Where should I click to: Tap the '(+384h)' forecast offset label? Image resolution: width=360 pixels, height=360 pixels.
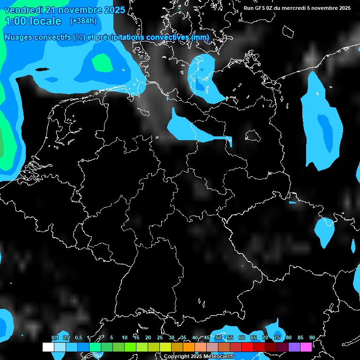point(83,21)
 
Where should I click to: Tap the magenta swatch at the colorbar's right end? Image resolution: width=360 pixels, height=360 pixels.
point(306,347)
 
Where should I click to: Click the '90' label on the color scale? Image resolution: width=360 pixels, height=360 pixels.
point(312,337)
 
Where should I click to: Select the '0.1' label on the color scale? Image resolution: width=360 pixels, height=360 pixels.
point(55,337)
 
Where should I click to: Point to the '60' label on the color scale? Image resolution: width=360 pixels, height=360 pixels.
point(242,337)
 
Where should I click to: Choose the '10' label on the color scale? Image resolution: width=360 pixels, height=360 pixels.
point(125,337)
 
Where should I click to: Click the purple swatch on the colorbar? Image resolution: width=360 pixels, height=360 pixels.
point(294,347)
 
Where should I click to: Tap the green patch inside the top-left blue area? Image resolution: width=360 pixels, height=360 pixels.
point(102,62)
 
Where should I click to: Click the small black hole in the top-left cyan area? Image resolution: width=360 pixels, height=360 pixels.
point(42,69)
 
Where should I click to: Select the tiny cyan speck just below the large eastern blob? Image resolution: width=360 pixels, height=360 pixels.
point(292,202)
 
